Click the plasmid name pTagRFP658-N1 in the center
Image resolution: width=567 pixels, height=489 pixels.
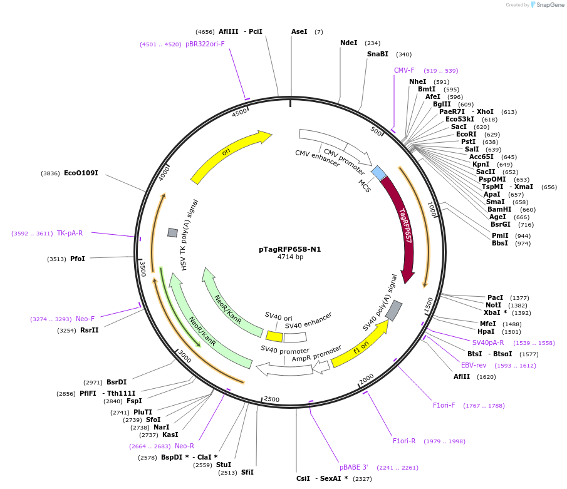(289, 249)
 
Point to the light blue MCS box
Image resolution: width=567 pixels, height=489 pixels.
(378, 173)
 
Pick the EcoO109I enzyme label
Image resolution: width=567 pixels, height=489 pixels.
(81, 173)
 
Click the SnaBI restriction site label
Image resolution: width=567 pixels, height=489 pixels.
(378, 54)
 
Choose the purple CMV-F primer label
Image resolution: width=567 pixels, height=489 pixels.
(404, 70)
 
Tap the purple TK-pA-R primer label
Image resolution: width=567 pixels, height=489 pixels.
(70, 233)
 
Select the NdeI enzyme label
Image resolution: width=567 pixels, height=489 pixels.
(348, 43)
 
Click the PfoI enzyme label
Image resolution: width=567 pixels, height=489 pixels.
(77, 259)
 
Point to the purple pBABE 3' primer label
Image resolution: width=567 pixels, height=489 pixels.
(354, 467)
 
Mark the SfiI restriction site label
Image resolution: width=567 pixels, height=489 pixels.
(247, 472)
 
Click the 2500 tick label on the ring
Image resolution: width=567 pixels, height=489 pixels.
(271, 399)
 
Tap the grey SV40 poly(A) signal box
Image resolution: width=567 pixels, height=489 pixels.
(393, 311)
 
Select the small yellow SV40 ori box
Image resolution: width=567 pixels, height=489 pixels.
(274, 336)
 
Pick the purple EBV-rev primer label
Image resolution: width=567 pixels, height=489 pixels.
(473, 365)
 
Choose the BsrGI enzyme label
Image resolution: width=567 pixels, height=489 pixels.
(501, 224)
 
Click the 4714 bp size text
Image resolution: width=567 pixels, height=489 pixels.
(290, 257)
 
